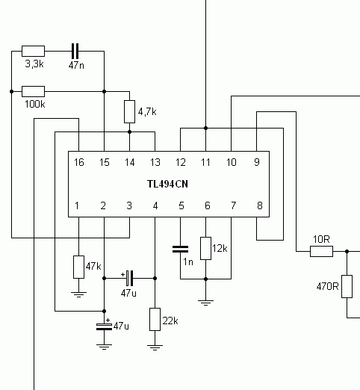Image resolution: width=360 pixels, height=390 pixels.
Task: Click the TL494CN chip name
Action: (x=167, y=184)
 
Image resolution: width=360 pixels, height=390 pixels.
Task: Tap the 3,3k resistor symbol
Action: (x=33, y=51)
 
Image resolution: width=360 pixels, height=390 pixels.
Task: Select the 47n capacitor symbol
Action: (x=75, y=51)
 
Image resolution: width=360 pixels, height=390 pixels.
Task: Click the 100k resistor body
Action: (x=33, y=91)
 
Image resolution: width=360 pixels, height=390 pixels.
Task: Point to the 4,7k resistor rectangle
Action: (x=129, y=111)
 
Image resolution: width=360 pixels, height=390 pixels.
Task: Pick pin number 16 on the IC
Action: (x=79, y=162)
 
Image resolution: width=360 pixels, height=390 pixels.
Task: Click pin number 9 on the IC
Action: (x=257, y=162)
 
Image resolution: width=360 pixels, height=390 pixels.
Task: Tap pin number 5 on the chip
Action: (x=181, y=205)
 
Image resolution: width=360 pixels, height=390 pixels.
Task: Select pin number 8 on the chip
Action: (x=259, y=205)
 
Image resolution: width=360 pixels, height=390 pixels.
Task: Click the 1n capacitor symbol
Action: (x=180, y=249)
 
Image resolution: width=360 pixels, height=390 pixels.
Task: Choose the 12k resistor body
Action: (x=205, y=248)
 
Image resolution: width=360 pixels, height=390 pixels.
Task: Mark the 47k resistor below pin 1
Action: (x=78, y=267)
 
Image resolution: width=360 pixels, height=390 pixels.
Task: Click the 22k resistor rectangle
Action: (x=155, y=319)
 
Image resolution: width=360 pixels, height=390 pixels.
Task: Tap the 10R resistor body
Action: (x=321, y=251)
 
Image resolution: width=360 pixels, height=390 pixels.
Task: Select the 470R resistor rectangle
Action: (x=347, y=286)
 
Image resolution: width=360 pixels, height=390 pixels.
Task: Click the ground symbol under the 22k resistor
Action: (x=155, y=347)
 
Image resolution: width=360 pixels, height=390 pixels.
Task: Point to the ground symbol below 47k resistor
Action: (x=78, y=294)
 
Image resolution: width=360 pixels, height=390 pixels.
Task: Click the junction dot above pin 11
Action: (x=205, y=128)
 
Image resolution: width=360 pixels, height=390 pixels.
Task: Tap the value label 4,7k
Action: (x=147, y=112)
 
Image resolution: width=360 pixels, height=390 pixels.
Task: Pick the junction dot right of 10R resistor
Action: (x=347, y=251)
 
